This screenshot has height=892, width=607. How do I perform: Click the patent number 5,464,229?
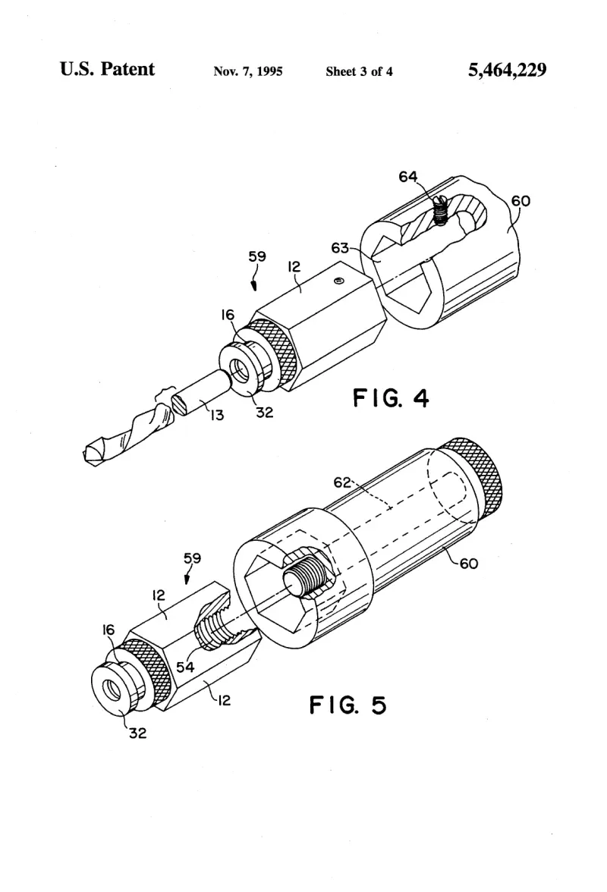[507, 70]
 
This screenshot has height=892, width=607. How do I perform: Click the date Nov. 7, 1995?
[248, 71]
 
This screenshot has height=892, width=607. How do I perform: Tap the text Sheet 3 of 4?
[359, 71]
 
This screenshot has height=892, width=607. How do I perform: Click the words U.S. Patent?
[107, 69]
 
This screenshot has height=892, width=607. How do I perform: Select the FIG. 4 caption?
[391, 397]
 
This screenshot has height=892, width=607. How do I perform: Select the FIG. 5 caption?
[348, 705]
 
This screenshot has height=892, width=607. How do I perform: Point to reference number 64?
[408, 177]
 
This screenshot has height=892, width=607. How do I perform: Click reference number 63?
[340, 248]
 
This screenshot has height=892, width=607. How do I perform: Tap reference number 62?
[342, 482]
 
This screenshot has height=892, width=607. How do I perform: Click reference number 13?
[217, 416]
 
